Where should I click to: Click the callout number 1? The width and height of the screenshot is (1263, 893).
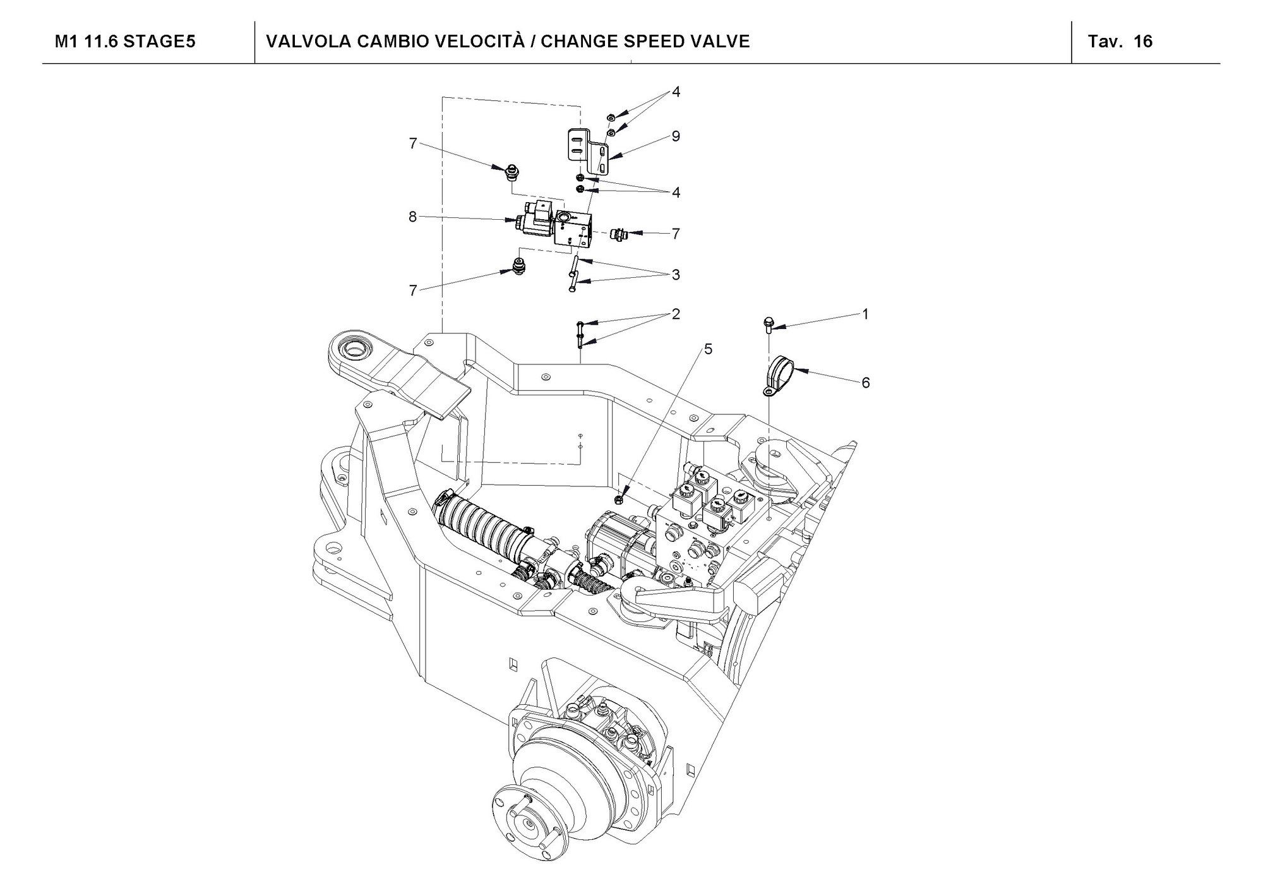tap(865, 314)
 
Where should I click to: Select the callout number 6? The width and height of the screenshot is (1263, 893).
tap(865, 383)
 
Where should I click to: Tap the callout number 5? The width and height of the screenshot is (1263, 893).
tap(708, 349)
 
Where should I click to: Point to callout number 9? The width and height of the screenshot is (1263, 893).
tap(676, 136)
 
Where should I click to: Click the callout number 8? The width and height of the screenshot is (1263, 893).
tap(412, 217)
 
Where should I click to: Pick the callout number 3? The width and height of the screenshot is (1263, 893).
tap(676, 275)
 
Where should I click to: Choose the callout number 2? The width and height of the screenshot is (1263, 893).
tap(676, 314)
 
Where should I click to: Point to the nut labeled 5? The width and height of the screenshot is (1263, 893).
tap(620, 500)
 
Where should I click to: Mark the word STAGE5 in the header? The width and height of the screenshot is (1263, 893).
tap(159, 42)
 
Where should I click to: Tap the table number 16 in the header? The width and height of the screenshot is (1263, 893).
tap(1143, 42)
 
